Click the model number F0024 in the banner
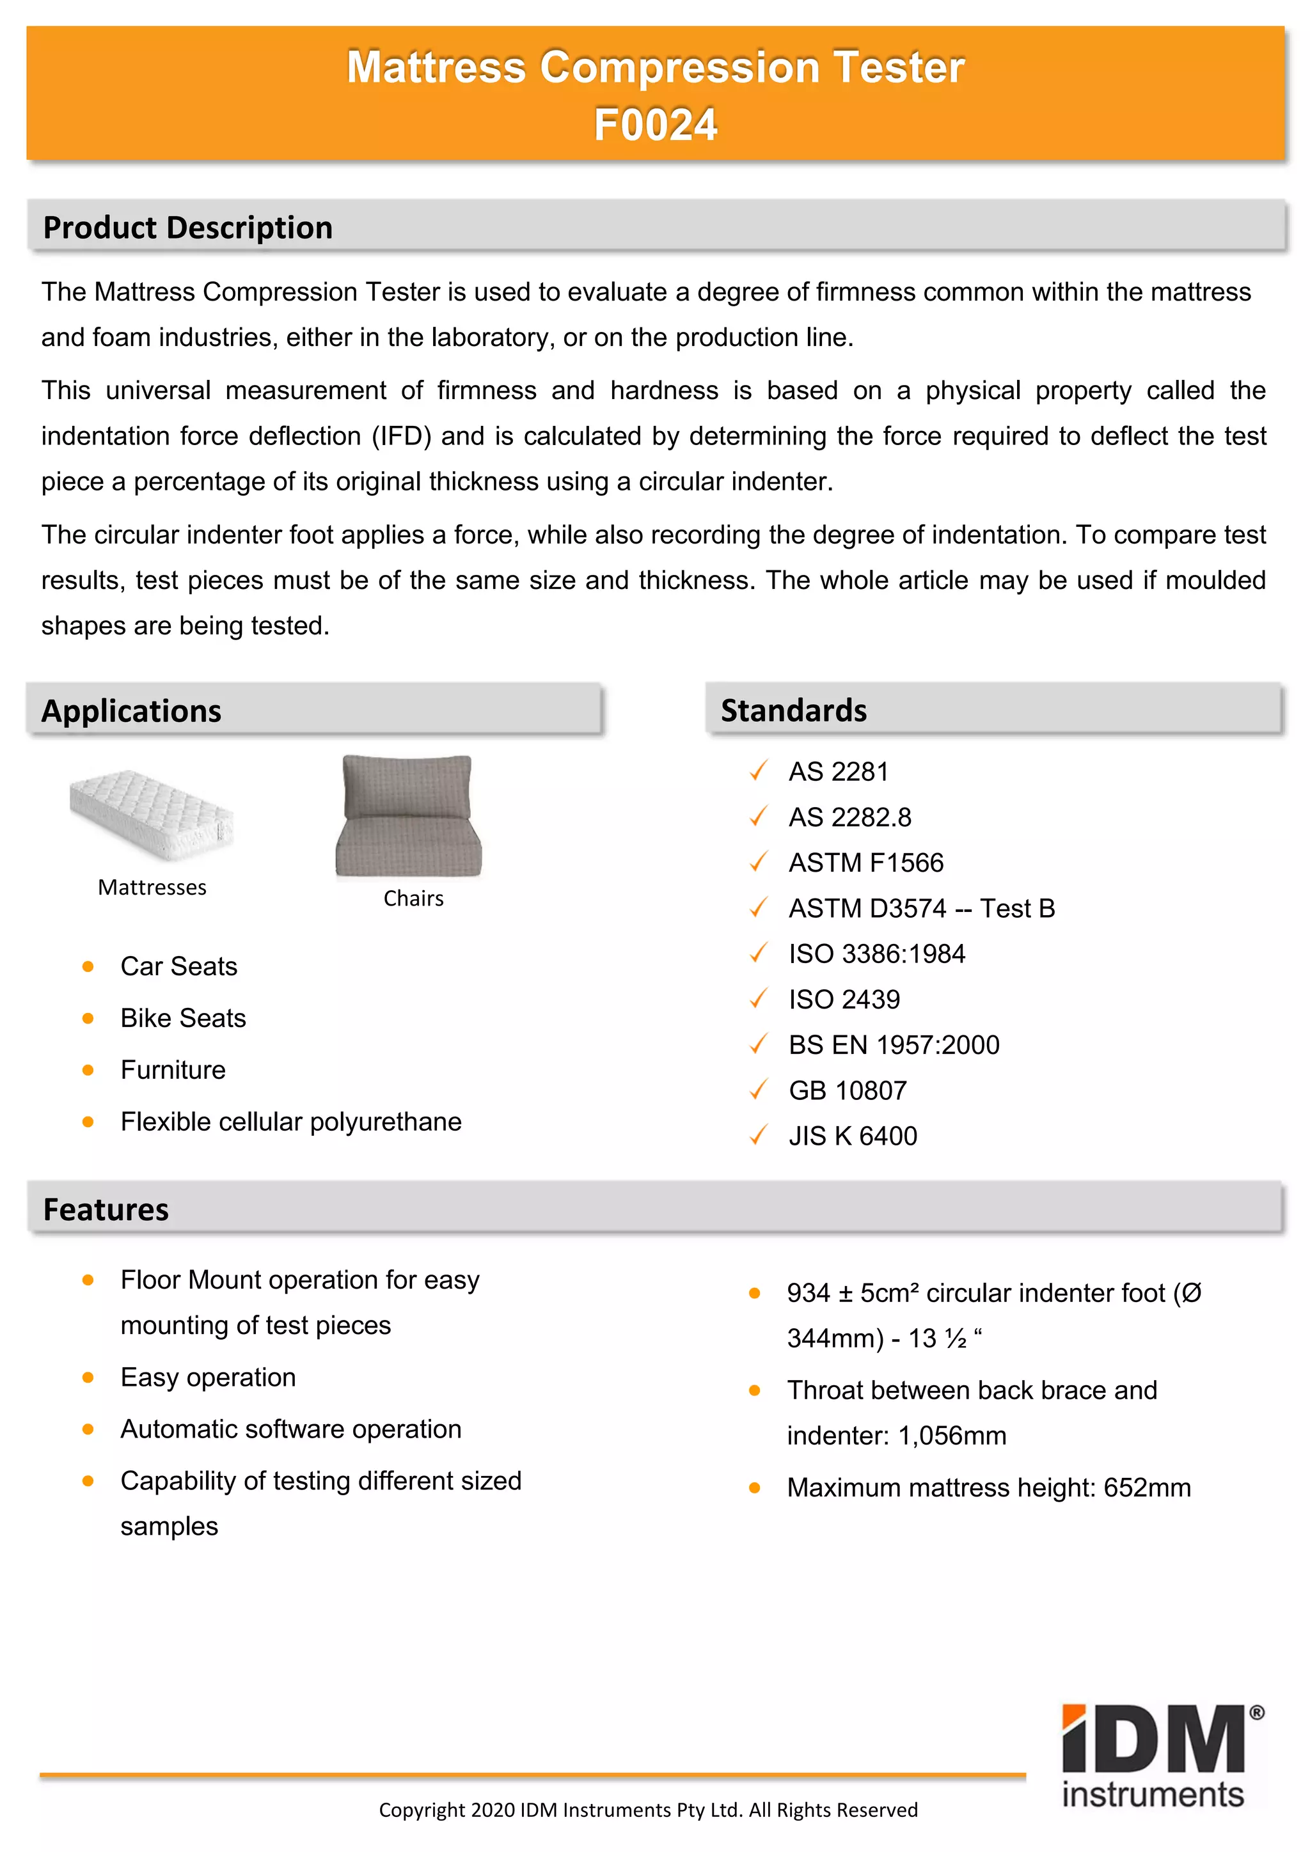point(655,125)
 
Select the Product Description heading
point(187,228)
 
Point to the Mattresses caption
point(152,887)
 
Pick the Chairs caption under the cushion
point(413,899)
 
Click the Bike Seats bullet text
point(183,1018)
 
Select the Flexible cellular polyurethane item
point(290,1122)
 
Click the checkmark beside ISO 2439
point(757,1000)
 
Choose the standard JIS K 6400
point(853,1136)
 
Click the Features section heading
point(106,1210)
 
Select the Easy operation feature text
point(208,1377)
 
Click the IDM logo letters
point(1153,1740)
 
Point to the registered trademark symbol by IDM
point(1257,1713)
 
